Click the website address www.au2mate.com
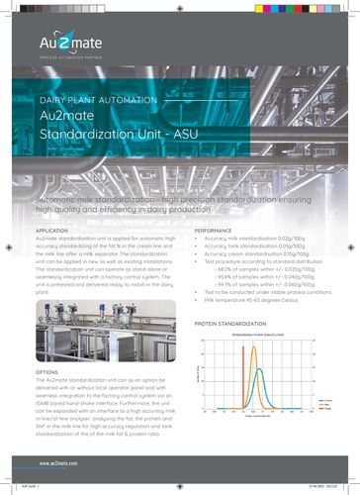pos(60,462)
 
